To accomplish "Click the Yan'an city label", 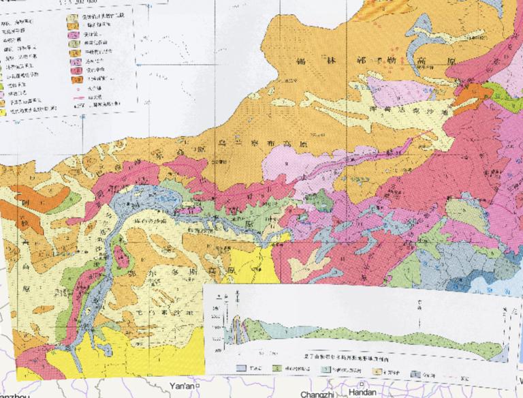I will pyautogui.click(x=182, y=386).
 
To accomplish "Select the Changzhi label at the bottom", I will pyautogui.click(x=315, y=395).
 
